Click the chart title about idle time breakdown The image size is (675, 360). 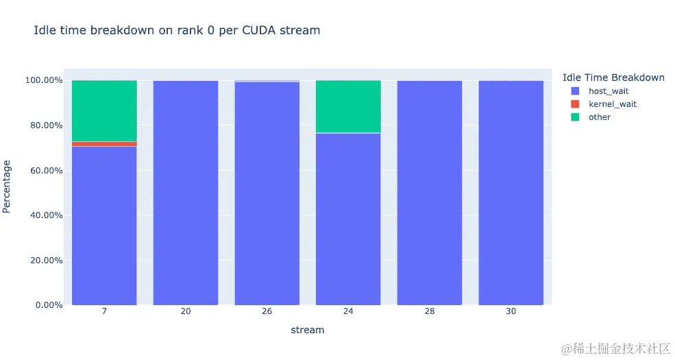(177, 31)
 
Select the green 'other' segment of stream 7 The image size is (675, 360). (104, 110)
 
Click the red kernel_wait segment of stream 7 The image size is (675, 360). (104, 144)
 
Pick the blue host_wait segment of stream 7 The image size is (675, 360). (104, 226)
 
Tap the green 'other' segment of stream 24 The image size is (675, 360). (348, 106)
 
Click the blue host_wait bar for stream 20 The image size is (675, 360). (186, 192)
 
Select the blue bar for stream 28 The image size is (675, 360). (430, 192)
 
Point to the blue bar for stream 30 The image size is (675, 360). (511, 192)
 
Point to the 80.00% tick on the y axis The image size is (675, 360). (44, 125)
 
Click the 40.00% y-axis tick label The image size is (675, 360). (44, 215)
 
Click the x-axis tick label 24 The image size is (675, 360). (348, 312)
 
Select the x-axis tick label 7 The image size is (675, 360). (104, 312)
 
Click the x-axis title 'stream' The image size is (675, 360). (308, 331)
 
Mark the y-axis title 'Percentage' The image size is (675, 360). (8, 186)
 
